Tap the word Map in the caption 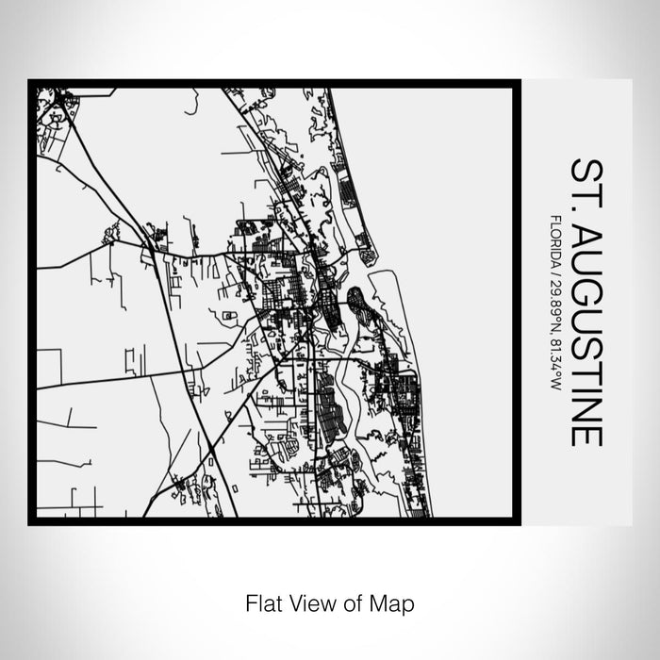click(x=395, y=602)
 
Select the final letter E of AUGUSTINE click(x=586, y=435)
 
